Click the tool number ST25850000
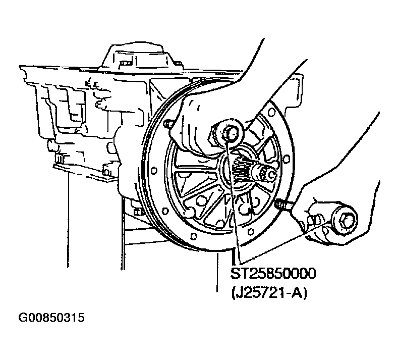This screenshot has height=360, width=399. coord(273,274)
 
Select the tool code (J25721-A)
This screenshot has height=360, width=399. coord(269,293)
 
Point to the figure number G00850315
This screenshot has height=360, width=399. coord(51,318)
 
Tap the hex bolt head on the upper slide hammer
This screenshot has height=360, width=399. coord(230,134)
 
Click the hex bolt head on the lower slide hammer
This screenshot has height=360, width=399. coord(346,220)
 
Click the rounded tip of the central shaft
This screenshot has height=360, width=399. coord(271,174)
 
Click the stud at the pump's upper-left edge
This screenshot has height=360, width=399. coord(168,124)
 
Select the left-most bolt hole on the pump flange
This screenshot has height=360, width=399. coord(153,170)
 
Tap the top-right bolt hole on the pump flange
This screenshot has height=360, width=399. coord(271,112)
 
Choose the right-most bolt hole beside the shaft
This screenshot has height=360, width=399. coord(286,159)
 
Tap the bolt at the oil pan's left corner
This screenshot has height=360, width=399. coord(59,159)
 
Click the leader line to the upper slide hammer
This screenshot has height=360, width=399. coord(234,201)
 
